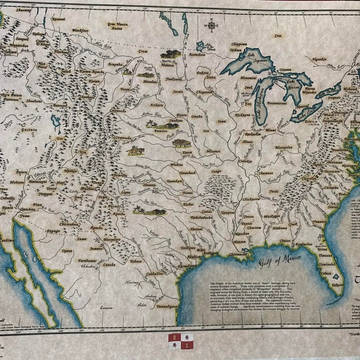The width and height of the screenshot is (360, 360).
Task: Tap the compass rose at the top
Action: pos(211,25)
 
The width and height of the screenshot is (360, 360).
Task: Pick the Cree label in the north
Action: pos(277,35)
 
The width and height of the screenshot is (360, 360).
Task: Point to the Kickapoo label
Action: pos(242,113)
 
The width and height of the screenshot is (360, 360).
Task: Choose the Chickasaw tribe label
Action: pos(251,199)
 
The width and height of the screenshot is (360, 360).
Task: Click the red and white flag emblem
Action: pos(180,341)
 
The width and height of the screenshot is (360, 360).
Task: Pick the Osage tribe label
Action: pos(215,170)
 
